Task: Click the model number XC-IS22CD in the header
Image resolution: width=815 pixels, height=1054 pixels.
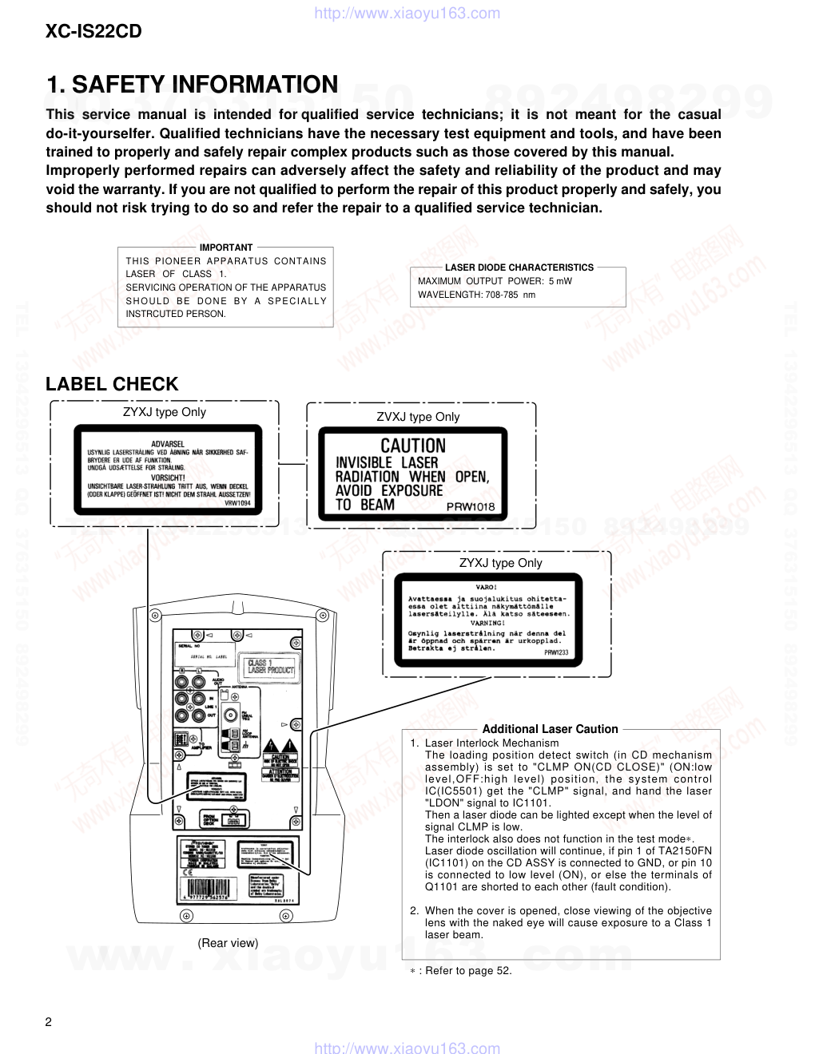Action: click(93, 31)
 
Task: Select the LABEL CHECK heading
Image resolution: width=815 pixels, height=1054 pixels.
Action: click(112, 384)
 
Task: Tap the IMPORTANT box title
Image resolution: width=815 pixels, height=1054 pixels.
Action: click(225, 248)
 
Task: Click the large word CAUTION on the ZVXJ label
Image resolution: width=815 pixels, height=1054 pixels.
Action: click(412, 446)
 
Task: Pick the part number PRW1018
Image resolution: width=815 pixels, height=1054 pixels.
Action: click(471, 507)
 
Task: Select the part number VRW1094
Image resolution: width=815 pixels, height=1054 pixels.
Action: click(237, 503)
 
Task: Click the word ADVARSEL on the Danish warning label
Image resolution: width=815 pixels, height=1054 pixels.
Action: click(168, 443)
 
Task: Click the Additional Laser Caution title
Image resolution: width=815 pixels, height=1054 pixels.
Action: click(550, 729)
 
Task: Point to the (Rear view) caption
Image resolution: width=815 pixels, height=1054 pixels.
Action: click(228, 943)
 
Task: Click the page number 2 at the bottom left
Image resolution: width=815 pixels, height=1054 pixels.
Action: click(49, 1023)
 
